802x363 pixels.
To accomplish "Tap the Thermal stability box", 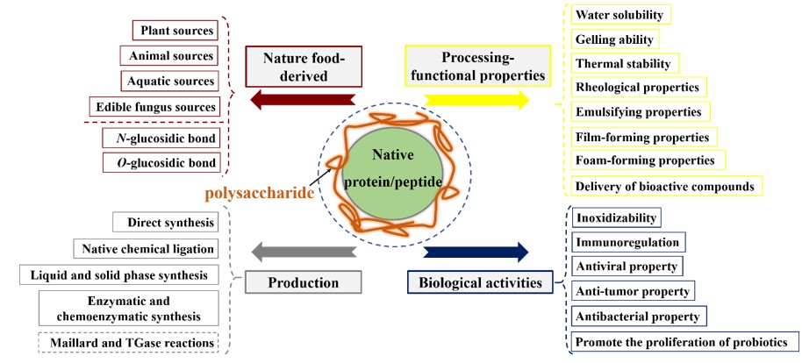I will point(623,63).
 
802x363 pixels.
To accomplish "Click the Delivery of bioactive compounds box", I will point(664,186).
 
